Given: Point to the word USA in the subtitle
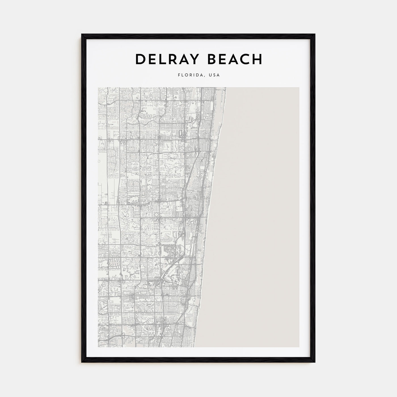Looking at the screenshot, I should [214, 75].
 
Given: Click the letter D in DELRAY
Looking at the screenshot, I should [140, 59].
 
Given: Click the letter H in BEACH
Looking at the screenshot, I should [257, 59].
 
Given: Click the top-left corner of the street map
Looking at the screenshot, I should [98, 88].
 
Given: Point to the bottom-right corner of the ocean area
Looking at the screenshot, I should [299, 347].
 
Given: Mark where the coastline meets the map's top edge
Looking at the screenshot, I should [226, 88].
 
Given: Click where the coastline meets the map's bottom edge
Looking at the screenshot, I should [195, 347].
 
